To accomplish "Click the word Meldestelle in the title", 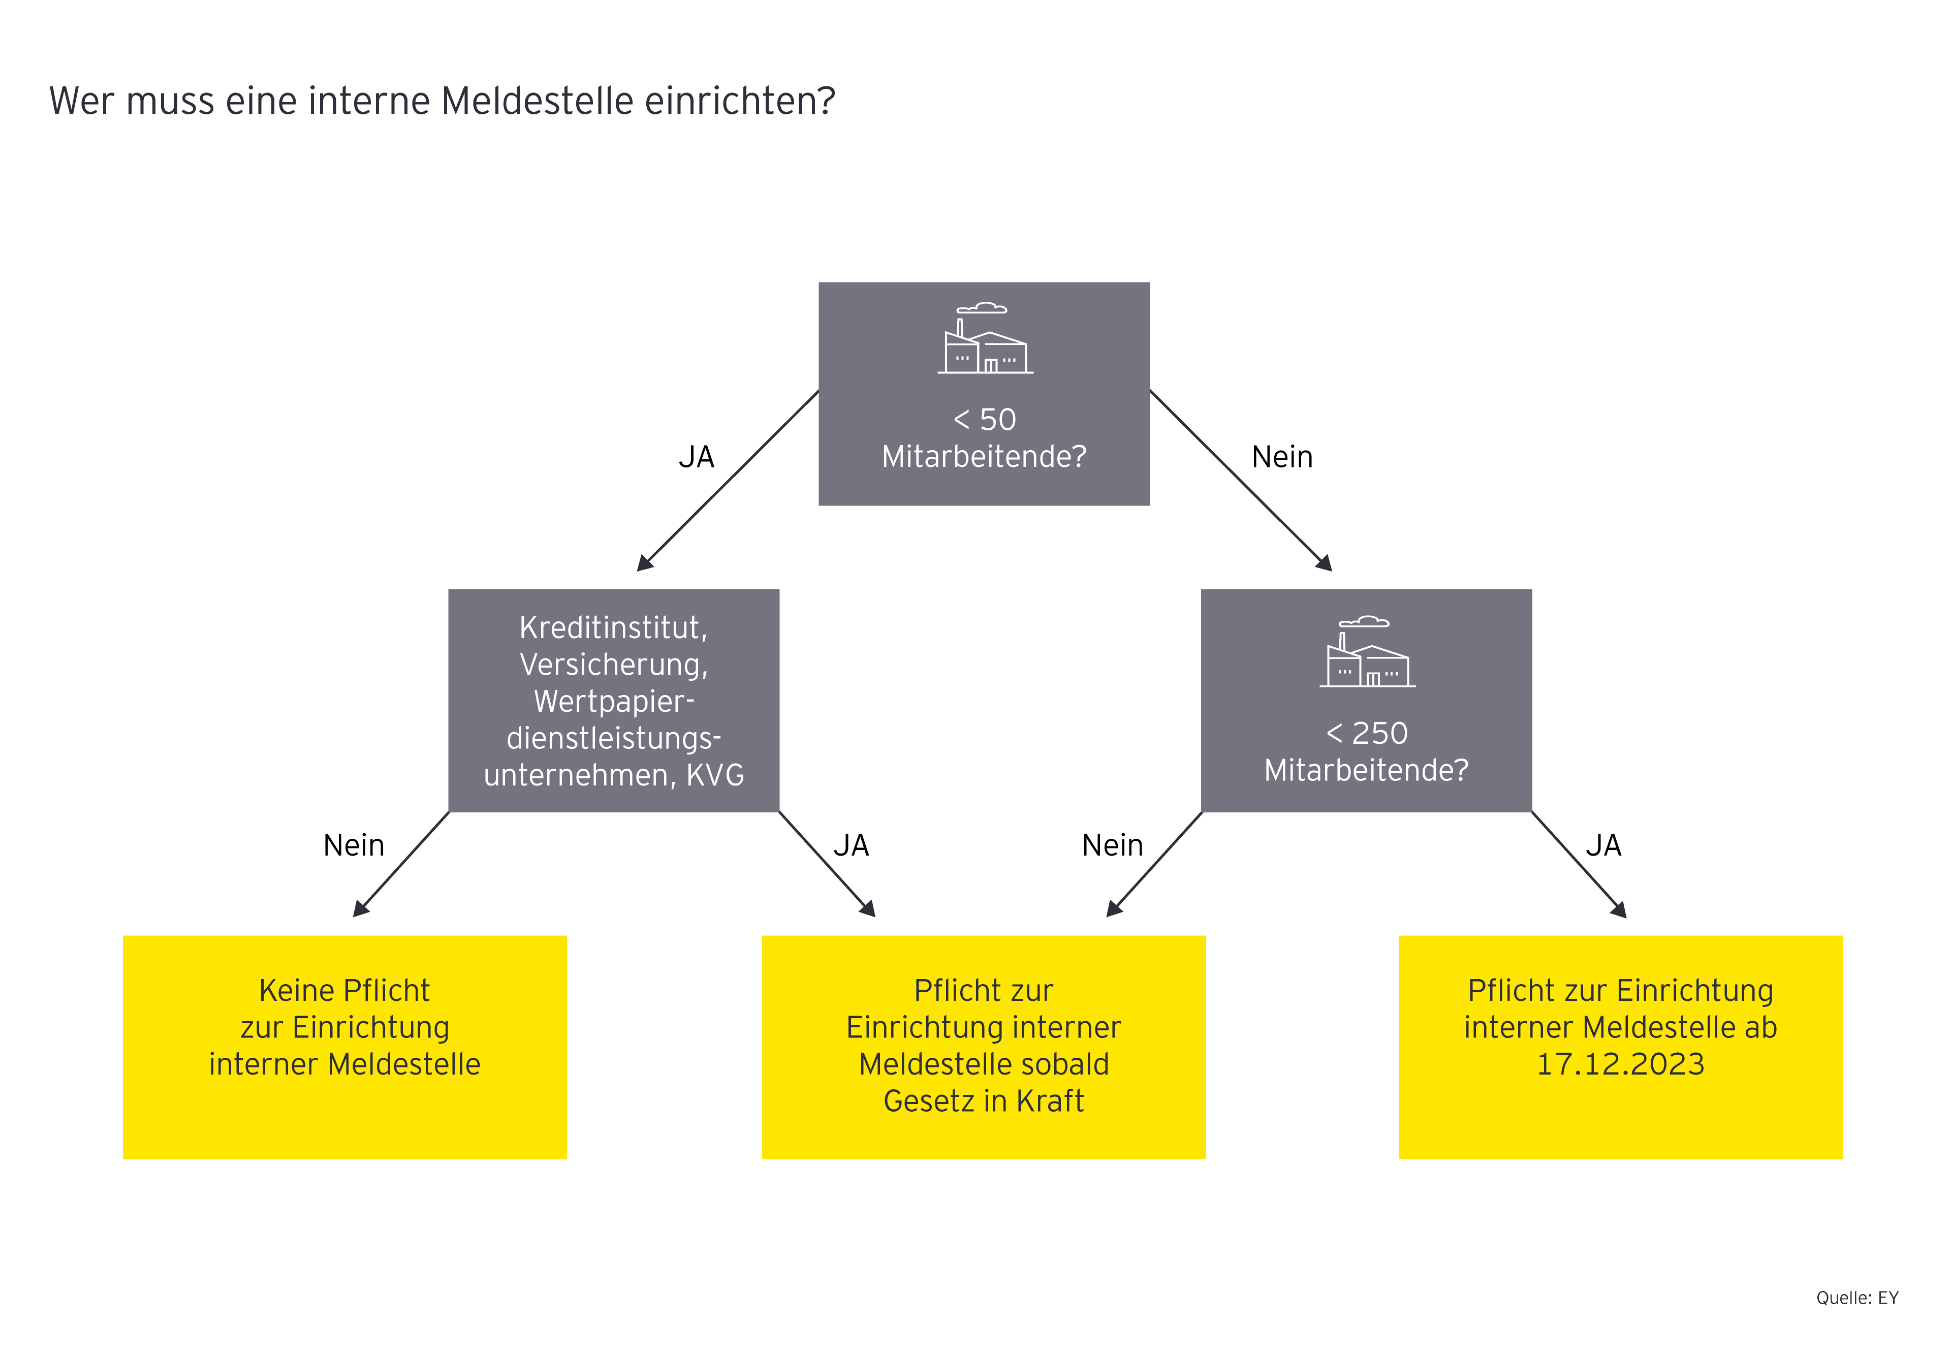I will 538,101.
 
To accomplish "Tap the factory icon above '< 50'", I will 985,339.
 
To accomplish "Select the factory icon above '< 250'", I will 1367,652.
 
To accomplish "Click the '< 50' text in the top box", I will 985,420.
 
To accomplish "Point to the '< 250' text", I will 1367,733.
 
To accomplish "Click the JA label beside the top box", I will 696,457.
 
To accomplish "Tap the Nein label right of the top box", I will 1282,457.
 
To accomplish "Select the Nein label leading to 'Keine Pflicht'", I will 354,845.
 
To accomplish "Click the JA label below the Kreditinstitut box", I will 851,845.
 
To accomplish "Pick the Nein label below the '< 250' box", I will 1112,845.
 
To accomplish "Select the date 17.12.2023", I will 1620,1064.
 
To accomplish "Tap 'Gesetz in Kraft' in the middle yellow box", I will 983,1101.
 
